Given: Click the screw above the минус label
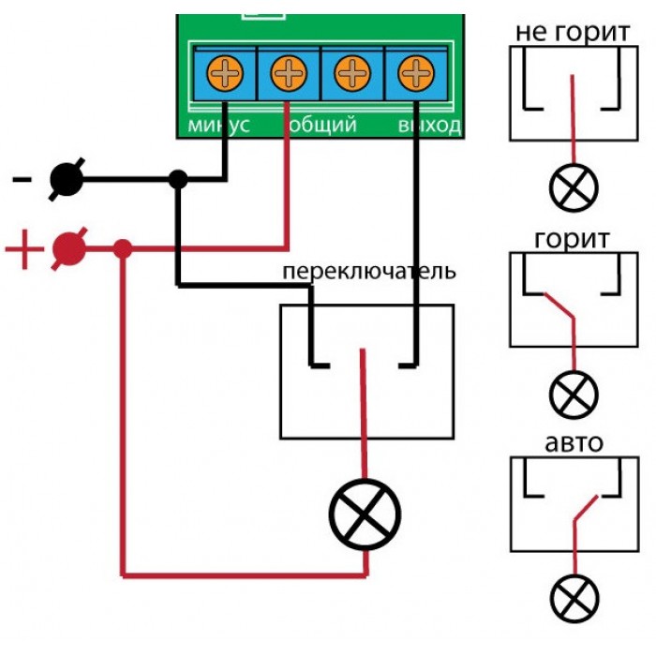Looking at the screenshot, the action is (225, 73).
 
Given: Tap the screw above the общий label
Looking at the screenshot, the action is (289, 73).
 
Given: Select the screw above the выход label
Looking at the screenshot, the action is (416, 73).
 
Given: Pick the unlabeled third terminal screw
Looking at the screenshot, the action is (352, 73).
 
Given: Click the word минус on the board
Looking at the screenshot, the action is (218, 125).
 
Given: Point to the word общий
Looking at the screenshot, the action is (322, 125).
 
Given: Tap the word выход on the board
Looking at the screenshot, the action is (429, 125).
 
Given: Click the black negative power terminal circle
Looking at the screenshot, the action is (67, 180).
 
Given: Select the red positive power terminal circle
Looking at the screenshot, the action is (69, 249).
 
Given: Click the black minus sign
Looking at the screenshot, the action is (22, 180).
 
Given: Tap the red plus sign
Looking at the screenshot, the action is (24, 249).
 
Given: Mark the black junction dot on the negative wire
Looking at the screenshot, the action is (178, 180).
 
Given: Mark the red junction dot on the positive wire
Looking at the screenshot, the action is (123, 249).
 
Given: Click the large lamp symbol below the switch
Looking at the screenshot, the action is (365, 514).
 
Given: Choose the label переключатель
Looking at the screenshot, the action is (369, 272).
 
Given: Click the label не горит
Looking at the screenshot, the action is (573, 33).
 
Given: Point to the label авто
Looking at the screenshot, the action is (574, 443).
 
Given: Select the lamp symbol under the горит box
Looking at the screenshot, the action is (574, 395).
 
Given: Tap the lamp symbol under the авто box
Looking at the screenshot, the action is (574, 599).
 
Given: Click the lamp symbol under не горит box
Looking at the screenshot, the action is (574, 187).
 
